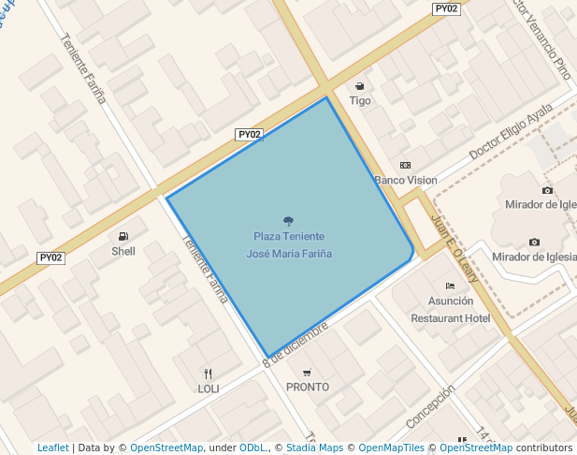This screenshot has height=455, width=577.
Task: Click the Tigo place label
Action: click(x=360, y=100)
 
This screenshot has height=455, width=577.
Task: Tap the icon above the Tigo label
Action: click(x=360, y=86)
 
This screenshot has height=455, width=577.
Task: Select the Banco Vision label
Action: click(x=405, y=180)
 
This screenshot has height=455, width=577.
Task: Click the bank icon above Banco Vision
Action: click(x=405, y=166)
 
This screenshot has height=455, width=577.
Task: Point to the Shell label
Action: click(x=123, y=251)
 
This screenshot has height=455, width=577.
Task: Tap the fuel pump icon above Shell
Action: click(x=123, y=236)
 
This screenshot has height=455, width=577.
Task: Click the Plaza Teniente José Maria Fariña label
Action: click(x=288, y=244)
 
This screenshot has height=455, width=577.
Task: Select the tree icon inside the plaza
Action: click(x=288, y=221)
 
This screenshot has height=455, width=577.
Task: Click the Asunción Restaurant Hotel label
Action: click(x=451, y=310)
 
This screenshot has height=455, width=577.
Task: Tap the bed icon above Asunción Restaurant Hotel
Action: click(x=451, y=286)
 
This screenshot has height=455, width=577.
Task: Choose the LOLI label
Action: click(x=208, y=388)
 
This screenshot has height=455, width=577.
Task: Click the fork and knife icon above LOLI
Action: click(x=208, y=373)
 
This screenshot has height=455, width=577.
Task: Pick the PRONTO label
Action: click(x=308, y=387)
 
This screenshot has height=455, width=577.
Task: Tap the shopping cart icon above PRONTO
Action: click(x=308, y=373)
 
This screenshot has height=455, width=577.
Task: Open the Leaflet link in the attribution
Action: click(x=52, y=448)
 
